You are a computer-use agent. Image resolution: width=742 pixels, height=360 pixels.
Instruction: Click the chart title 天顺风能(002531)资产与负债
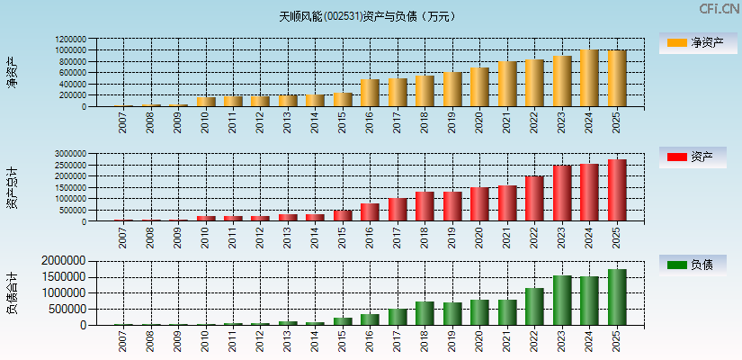(x=367, y=15)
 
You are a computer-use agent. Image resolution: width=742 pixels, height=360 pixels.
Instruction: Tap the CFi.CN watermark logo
(x=719, y=9)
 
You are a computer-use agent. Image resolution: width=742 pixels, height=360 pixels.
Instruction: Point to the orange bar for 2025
(x=617, y=79)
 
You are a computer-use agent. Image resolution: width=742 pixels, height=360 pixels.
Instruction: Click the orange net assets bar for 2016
(x=370, y=93)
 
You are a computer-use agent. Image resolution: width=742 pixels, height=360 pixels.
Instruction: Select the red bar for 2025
(x=617, y=191)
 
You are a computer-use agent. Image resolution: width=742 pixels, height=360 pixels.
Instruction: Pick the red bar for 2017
(x=398, y=210)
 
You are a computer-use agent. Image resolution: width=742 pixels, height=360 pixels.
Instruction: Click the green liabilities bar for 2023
(x=562, y=301)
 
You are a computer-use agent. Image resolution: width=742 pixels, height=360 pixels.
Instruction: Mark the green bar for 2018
(x=425, y=313)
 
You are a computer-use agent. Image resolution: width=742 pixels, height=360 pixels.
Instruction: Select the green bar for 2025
(x=617, y=297)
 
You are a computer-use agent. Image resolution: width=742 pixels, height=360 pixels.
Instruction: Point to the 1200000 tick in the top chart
(x=70, y=40)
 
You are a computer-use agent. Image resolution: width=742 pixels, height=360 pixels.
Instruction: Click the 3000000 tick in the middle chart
(x=70, y=155)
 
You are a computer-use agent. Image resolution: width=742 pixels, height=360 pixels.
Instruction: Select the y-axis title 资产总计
(x=13, y=188)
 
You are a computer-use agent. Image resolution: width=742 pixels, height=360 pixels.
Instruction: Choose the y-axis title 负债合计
(x=13, y=292)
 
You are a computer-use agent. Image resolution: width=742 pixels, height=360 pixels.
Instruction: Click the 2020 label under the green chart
(x=480, y=340)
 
